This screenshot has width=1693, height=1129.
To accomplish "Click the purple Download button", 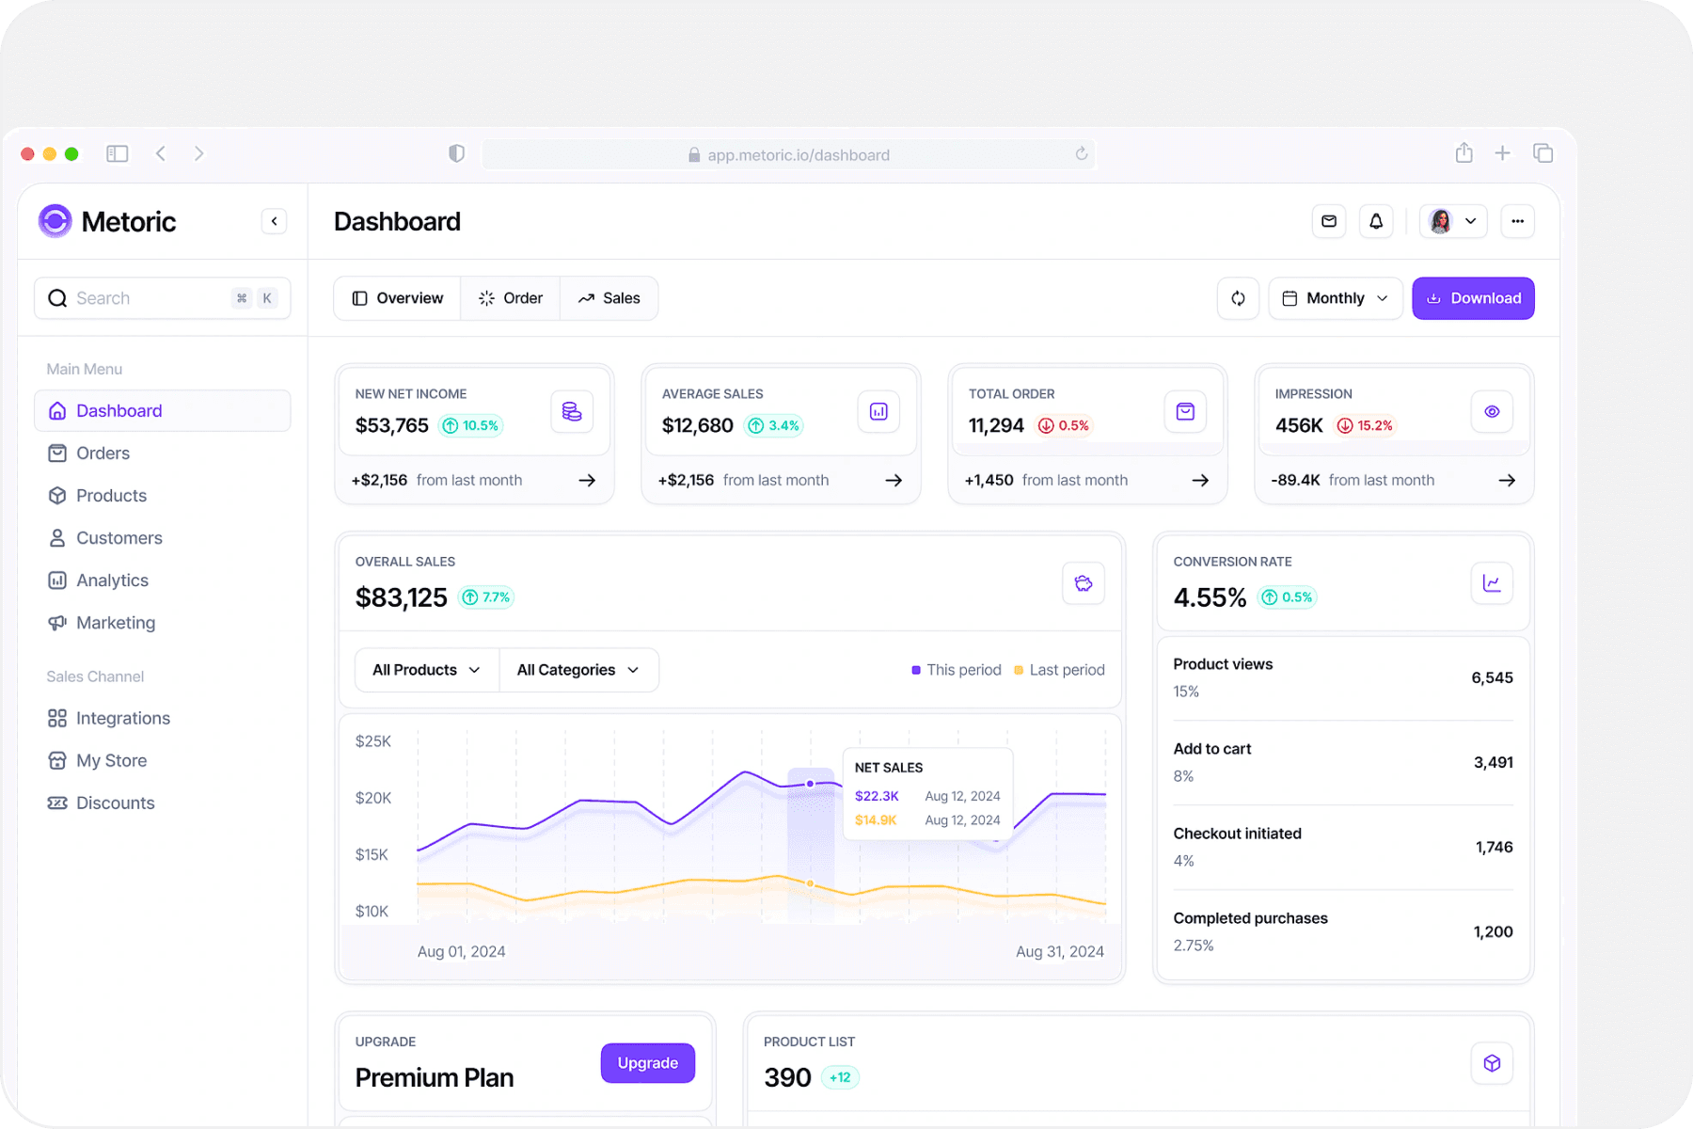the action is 1473,298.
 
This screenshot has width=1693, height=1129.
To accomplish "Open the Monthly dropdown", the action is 1335,298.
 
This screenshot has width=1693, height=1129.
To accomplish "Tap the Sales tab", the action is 609,298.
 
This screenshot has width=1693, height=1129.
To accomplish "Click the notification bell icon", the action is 1376,221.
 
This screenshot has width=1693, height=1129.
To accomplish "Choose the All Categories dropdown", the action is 578,670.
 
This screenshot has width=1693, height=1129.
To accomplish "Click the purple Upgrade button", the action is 648,1063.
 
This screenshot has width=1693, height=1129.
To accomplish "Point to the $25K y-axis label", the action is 373,741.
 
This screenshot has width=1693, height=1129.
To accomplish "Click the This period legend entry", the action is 957,670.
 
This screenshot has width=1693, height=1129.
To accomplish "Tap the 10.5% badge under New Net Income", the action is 471,426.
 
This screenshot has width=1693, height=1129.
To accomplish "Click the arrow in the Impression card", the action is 1507,480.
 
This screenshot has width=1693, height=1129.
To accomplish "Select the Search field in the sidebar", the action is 163,298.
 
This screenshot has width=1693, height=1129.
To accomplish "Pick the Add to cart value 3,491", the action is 1494,762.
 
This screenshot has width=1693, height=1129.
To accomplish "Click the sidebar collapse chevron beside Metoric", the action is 274,221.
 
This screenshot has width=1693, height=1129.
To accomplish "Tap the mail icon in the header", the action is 1329,221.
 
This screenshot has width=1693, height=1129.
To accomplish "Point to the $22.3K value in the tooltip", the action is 877,796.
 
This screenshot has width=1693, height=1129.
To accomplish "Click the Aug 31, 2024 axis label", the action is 1060,951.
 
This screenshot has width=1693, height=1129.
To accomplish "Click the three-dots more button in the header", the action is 1518,221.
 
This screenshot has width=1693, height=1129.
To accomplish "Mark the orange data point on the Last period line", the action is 811,883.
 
